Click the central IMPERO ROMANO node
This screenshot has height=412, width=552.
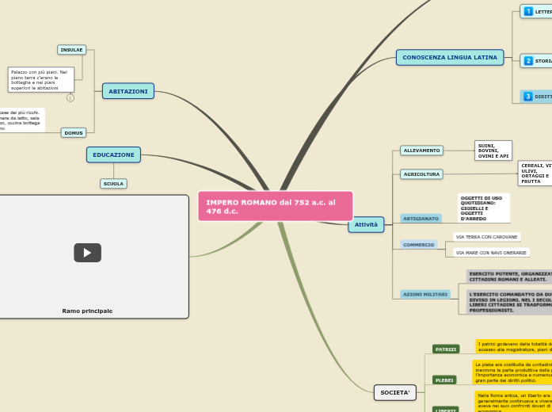(275, 206)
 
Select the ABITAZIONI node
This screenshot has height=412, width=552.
(128, 91)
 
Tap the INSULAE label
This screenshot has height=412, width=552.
(72, 50)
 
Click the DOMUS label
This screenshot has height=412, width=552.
(74, 133)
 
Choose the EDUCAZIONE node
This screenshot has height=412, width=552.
(113, 154)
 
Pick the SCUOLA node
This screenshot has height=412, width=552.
(113, 184)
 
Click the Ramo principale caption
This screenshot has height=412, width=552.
(87, 311)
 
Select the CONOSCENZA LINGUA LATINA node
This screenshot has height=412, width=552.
(450, 57)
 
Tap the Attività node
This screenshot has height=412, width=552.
(366, 224)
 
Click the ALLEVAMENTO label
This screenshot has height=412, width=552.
(421, 151)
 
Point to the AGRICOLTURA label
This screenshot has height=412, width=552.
(421, 174)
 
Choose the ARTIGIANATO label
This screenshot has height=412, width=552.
(421, 219)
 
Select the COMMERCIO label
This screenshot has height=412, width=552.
(419, 245)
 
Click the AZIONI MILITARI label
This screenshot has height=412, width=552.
(425, 294)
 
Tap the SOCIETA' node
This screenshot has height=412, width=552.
(394, 392)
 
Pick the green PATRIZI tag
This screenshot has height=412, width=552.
(446, 349)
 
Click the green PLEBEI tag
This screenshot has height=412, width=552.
(444, 380)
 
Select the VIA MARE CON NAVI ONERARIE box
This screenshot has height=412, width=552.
(491, 253)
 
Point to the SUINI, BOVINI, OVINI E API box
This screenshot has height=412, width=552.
(493, 151)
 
